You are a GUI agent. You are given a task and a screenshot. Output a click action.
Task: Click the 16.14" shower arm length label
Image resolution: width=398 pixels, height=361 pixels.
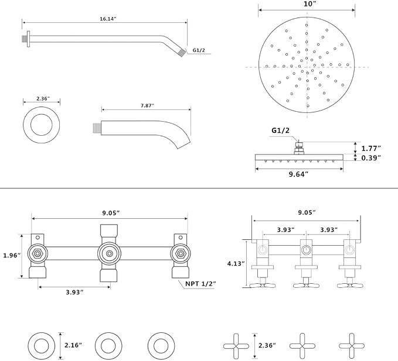tap(108, 19)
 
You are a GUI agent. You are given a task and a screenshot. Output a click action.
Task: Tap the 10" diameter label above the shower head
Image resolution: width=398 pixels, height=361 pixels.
tap(308, 4)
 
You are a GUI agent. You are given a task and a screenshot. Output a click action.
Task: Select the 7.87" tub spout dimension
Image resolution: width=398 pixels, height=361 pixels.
tap(148, 105)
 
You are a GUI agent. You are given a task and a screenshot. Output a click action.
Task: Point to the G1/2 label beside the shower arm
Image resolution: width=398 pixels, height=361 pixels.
tap(199, 50)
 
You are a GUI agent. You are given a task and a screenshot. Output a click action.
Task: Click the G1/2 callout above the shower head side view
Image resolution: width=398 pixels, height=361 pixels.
tap(281, 130)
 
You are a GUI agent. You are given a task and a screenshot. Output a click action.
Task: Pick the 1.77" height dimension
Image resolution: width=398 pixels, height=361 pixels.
tap(371, 148)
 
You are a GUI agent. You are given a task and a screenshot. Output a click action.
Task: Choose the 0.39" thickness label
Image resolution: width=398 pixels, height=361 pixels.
tap(371, 158)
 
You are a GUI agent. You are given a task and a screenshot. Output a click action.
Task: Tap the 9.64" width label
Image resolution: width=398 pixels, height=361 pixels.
tap(298, 174)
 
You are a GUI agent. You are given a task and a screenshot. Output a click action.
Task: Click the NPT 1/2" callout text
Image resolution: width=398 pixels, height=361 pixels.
tap(200, 284)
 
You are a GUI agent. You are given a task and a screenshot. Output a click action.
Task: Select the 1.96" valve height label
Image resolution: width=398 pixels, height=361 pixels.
tap(12, 255)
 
